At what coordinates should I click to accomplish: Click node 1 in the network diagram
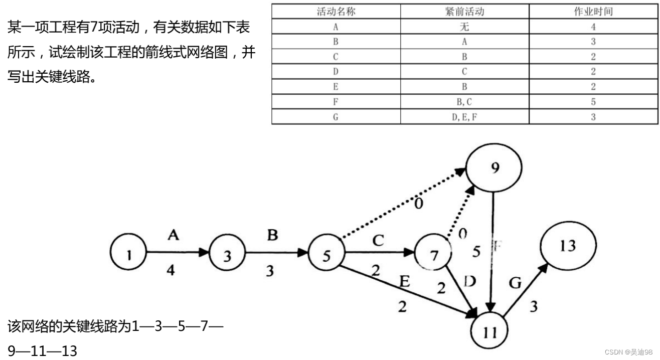tap(128, 254)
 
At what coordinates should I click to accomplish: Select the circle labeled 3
tap(228, 255)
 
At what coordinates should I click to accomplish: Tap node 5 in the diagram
tap(326, 255)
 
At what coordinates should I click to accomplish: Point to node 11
tap(489, 330)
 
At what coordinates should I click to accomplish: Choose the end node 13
tap(568, 246)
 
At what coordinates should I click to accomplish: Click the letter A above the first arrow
tap(174, 235)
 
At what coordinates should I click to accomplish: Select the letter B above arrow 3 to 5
tap(272, 235)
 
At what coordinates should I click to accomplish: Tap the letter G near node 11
tap(515, 284)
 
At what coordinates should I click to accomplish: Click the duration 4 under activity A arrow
tap(171, 271)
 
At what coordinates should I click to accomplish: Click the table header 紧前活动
tap(464, 12)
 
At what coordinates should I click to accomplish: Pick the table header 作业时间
tap(593, 12)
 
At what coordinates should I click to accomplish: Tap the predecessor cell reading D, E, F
tap(464, 117)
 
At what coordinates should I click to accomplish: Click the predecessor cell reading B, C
tap(464, 102)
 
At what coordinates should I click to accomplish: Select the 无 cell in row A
tap(464, 27)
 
